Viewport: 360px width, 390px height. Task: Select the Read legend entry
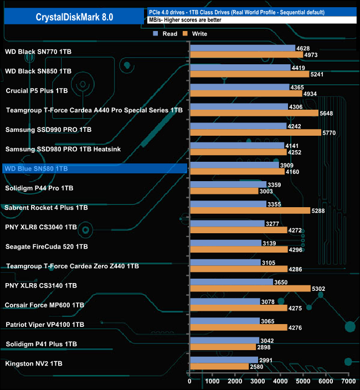pos(166,34)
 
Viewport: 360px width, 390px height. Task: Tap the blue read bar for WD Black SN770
pos(242,48)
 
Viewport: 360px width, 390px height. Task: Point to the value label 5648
pos(327,113)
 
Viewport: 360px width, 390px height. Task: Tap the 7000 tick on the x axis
pos(348,382)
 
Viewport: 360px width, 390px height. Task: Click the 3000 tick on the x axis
pos(258,382)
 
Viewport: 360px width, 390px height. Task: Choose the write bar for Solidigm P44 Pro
pos(224,191)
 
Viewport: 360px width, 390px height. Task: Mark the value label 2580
pos(258,367)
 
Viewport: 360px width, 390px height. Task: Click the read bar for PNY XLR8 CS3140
pos(231,282)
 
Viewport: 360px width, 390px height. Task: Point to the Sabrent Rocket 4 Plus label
pos(46,208)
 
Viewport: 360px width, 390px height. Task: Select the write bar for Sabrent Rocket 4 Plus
pos(250,211)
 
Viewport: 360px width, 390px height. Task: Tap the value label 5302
pos(320,289)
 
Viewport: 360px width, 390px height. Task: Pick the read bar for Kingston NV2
pos(223,360)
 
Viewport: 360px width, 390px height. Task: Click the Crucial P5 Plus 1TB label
pos(37,91)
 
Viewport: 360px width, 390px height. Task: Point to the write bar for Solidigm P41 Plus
pos(222,347)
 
